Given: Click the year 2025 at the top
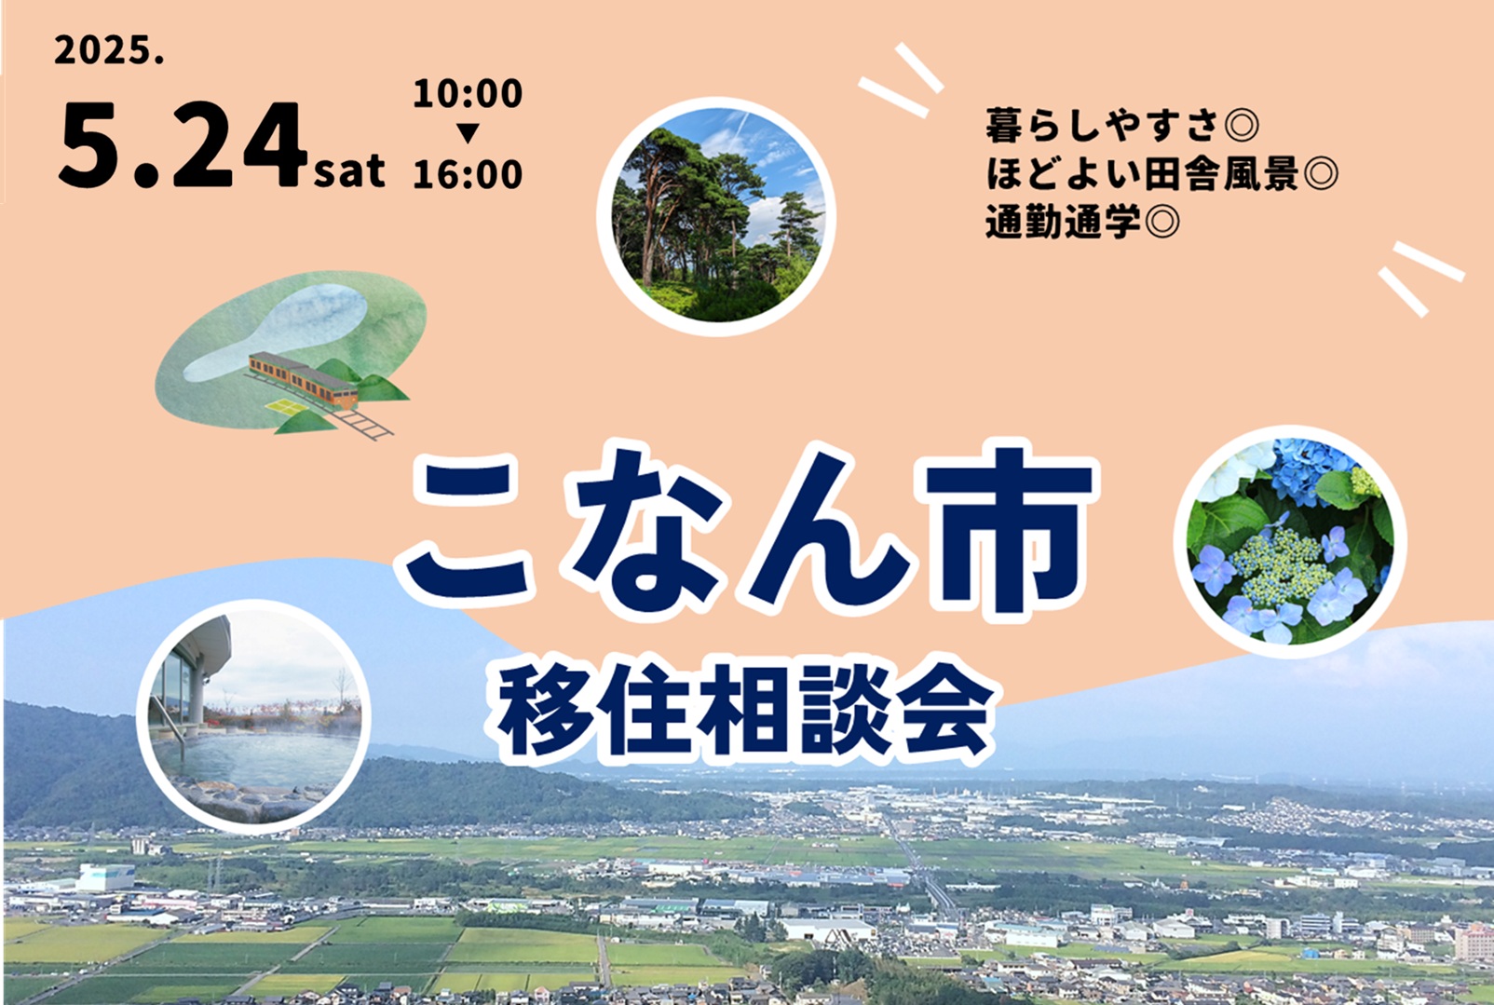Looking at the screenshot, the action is pyautogui.click(x=109, y=50).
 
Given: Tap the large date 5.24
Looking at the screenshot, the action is pyautogui.click(x=183, y=144).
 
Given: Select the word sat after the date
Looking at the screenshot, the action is pyautogui.click(x=349, y=170).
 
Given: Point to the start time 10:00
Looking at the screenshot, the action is pyautogui.click(x=468, y=93).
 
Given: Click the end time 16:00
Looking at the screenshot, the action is pyautogui.click(x=468, y=174).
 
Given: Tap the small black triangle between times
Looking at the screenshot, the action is pyautogui.click(x=468, y=133).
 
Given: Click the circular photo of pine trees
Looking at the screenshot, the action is pyautogui.click(x=716, y=216).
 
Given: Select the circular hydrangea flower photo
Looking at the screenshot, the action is pyautogui.click(x=1290, y=541).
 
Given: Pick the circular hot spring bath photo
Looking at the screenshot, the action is pyautogui.click(x=253, y=717).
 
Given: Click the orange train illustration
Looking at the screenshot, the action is pyautogui.click(x=304, y=380).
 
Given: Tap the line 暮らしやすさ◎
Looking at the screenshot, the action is pyautogui.click(x=1121, y=126).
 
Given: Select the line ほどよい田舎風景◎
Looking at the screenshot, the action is pyautogui.click(x=1161, y=173).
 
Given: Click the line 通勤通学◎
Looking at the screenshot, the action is pyautogui.click(x=1082, y=221).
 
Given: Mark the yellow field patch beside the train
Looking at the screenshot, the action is pyautogui.click(x=288, y=406).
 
